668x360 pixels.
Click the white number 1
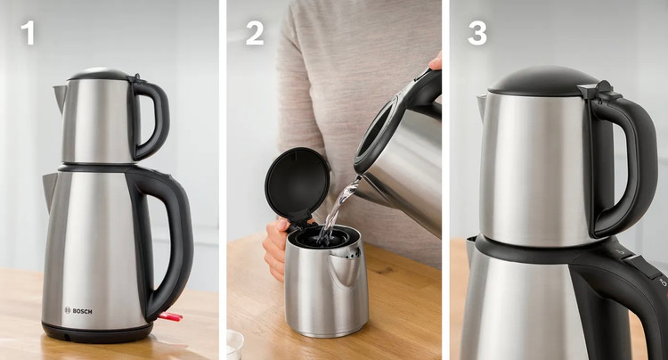tap(28, 33)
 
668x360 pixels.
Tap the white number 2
tap(255, 33)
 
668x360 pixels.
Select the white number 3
tap(477, 33)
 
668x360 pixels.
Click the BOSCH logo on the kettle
tap(78, 311)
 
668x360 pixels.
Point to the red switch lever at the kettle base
tap(170, 316)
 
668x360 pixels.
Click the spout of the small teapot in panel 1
tap(60, 97)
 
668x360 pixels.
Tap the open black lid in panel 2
tap(297, 184)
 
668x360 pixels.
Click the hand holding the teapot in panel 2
tap(275, 250)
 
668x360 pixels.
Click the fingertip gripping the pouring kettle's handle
tap(436, 62)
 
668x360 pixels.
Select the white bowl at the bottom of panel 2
tap(235, 344)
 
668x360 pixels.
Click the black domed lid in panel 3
tap(543, 81)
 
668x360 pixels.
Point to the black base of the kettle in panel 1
tap(97, 331)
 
